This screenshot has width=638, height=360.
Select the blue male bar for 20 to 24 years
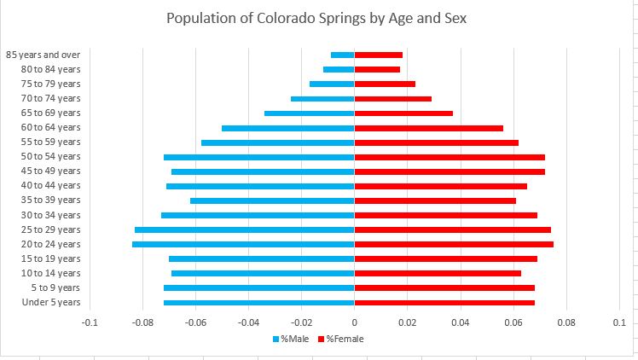tap(243, 245)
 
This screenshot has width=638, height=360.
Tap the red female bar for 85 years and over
tap(379, 55)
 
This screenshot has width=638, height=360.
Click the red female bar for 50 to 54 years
tap(449, 157)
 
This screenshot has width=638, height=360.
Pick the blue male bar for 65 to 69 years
tap(309, 113)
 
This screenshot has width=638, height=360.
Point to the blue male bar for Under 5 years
tap(258, 303)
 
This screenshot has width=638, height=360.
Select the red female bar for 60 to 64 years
tap(429, 128)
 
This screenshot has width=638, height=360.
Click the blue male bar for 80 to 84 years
tap(339, 69)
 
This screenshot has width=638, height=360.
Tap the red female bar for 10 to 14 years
tap(438, 274)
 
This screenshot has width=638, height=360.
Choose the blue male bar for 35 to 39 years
tap(272, 201)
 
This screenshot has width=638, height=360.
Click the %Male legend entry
tap(291, 340)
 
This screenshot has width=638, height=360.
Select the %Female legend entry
tap(342, 340)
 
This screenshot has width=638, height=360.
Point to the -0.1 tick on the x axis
tap(90, 322)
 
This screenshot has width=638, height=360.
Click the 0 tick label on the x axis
tap(354, 322)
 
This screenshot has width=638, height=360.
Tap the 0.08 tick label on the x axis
tap(566, 322)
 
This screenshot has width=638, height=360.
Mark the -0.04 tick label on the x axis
tap(248, 322)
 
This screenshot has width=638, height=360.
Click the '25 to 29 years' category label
tap(51, 230)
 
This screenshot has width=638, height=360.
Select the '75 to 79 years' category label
tap(51, 84)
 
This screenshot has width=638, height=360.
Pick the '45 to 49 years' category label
tap(51, 171)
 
